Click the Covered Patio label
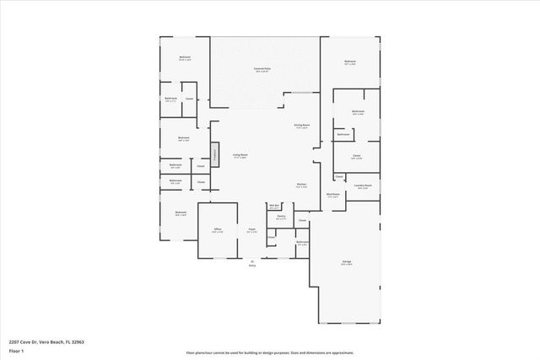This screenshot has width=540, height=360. click(x=262, y=69)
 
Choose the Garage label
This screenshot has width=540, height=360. click(x=347, y=262)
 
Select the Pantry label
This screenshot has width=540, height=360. click(x=281, y=217)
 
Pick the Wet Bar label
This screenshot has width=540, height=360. click(x=274, y=205)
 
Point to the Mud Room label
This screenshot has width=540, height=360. click(x=332, y=194)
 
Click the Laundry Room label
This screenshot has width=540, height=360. click(x=364, y=185)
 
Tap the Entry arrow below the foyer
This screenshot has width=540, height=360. click(x=251, y=262)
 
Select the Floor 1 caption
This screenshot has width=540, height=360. click(x=16, y=351)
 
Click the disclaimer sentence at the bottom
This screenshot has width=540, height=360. click(x=269, y=352)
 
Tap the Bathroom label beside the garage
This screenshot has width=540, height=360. click(x=302, y=243)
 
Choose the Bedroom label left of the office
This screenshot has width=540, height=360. click(x=180, y=212)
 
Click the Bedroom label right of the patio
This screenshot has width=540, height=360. click(x=349, y=62)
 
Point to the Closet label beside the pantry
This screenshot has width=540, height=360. click(x=301, y=221)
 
